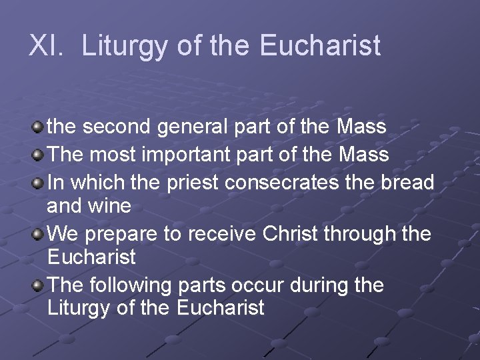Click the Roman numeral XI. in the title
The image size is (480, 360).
[45, 46]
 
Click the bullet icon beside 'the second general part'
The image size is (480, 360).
[39, 126]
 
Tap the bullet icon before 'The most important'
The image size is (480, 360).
[39, 154]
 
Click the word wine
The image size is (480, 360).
[110, 206]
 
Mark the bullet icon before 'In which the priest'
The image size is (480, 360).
[39, 181]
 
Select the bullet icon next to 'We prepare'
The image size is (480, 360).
[39, 233]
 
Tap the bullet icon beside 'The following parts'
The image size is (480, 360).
[39, 285]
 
